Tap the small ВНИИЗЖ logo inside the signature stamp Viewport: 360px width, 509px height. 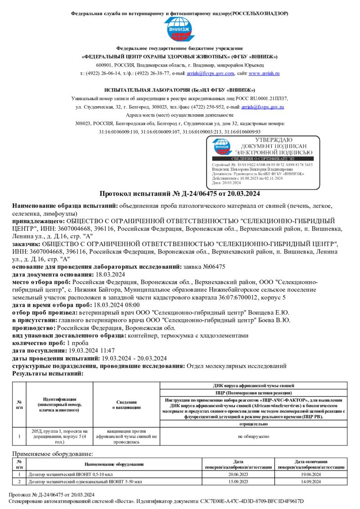[222, 147]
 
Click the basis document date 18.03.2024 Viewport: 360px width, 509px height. [110, 274]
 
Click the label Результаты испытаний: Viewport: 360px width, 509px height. [48, 373]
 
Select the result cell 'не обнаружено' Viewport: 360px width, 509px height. [254, 436]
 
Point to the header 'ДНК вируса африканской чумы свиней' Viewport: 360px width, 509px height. [254, 385]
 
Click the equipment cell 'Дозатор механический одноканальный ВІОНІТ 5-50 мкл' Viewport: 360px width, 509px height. [85, 482]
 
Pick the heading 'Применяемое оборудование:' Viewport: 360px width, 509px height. [53, 455]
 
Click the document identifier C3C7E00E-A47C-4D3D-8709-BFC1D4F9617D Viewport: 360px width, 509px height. [258, 501]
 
